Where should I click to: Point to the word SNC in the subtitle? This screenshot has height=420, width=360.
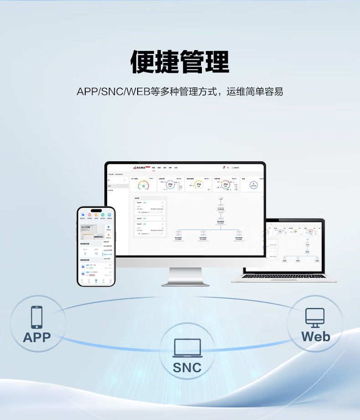click(x=112, y=91)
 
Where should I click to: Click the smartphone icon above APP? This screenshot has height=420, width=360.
click(x=37, y=317)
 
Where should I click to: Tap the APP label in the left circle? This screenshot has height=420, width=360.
click(x=37, y=338)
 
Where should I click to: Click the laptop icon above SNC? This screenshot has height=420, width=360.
click(x=187, y=348)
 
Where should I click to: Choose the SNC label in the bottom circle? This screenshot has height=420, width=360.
click(x=187, y=368)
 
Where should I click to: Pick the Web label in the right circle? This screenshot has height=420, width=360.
click(x=315, y=337)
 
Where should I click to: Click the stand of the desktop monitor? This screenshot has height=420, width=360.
click(x=185, y=276)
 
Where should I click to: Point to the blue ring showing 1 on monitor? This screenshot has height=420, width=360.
click(x=253, y=185)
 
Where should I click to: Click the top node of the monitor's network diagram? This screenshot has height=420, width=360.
click(x=221, y=199)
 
